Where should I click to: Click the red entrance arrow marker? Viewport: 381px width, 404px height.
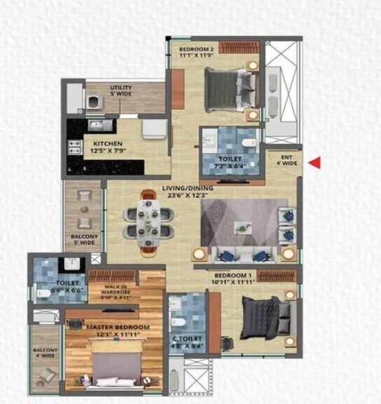(316, 163)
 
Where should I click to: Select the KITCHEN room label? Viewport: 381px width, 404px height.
(107, 144)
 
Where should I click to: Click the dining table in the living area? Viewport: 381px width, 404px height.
(149, 220)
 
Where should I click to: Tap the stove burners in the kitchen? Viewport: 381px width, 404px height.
(74, 147)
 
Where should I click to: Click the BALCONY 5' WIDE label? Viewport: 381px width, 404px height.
(84, 240)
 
